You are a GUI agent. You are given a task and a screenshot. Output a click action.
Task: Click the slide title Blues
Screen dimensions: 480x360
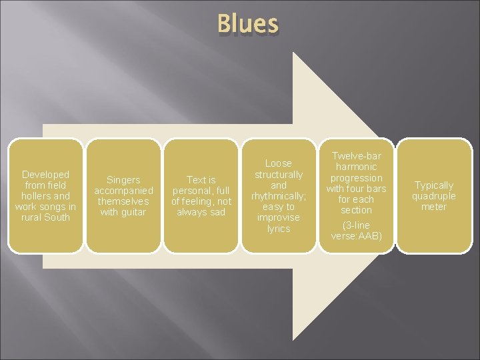click(247, 24)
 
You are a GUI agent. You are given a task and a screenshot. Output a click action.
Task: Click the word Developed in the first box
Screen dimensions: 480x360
click(45, 175)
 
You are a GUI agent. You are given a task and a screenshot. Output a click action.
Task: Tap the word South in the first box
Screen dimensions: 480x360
click(57, 217)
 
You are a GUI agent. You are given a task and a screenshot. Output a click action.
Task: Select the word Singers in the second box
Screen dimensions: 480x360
click(123, 180)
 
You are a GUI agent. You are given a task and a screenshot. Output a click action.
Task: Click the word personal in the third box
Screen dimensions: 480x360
click(191, 191)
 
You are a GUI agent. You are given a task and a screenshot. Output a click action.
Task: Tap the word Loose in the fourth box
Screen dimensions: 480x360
click(279, 163)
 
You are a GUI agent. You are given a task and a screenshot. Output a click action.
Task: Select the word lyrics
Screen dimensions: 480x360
click(279, 229)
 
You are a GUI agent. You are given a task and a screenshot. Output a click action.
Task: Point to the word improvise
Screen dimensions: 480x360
click(279, 217)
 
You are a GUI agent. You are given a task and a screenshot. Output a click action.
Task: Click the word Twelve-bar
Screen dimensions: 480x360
click(357, 156)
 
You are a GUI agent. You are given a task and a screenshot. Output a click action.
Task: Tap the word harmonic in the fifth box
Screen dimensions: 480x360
click(357, 167)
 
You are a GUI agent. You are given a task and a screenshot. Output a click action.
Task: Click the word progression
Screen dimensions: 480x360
click(357, 178)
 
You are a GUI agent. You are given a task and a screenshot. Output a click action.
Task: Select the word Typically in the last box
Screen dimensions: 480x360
click(434, 185)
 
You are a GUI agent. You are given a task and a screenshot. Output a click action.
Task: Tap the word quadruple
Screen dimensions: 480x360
click(434, 196)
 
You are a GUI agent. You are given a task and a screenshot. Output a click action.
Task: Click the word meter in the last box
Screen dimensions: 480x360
click(434, 207)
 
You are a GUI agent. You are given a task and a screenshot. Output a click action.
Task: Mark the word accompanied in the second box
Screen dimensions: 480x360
click(123, 191)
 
